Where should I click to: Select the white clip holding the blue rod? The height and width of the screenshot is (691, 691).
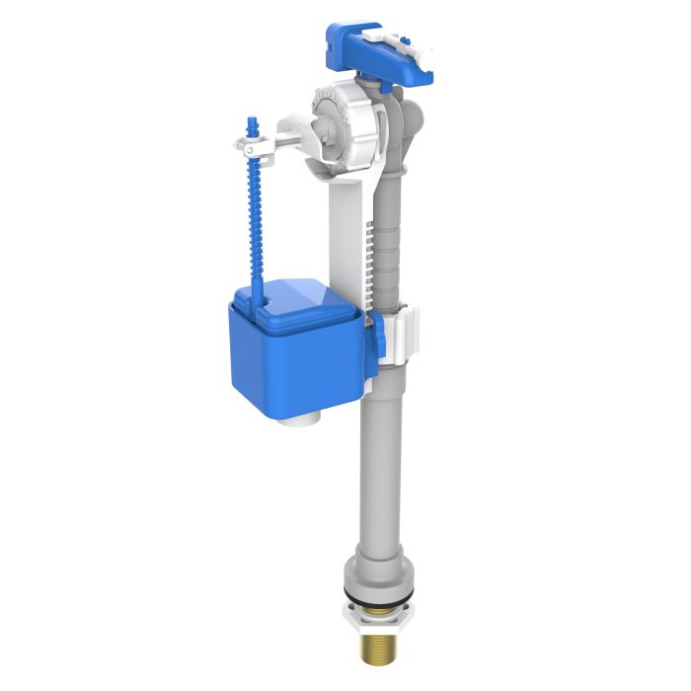pyautogui.click(x=259, y=148)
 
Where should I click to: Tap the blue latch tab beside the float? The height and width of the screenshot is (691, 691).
pyautogui.click(x=378, y=341)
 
